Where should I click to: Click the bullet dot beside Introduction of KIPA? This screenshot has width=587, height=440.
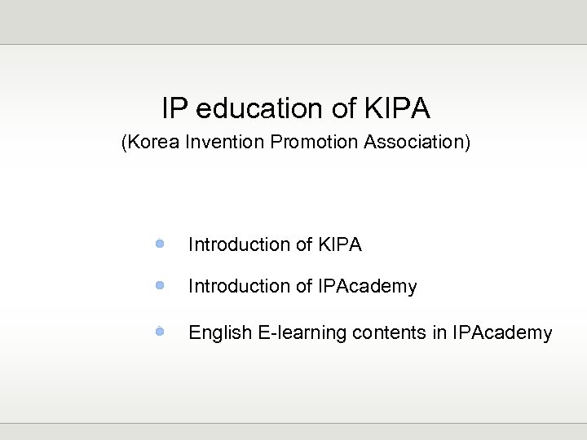tap(161, 244)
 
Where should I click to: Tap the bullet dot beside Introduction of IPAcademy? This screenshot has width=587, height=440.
tap(161, 286)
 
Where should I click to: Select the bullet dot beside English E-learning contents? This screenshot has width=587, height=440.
tap(161, 332)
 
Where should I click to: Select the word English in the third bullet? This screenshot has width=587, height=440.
tap(218, 333)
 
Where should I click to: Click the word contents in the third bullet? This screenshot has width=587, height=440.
tap(373, 333)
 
